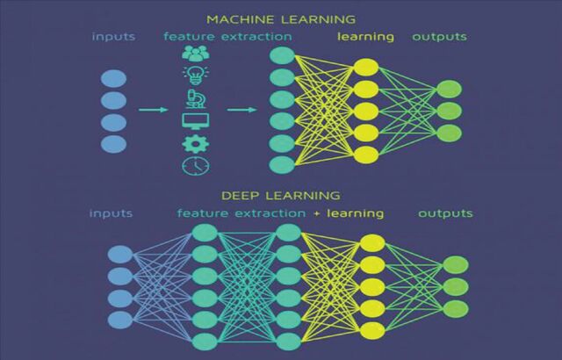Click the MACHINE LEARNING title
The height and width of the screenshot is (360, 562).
click(281, 19)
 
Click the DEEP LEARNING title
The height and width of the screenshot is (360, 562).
click(281, 196)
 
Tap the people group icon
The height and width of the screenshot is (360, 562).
click(196, 54)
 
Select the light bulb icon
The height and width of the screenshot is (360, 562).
click(196, 76)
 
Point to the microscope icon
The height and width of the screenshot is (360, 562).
click(196, 98)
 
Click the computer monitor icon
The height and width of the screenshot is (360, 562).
click(195, 121)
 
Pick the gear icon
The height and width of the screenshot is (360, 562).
click(196, 144)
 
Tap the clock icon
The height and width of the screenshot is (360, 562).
click(196, 165)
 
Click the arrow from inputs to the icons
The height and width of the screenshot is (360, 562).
click(154, 110)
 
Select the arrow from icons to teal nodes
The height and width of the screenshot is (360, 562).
click(242, 110)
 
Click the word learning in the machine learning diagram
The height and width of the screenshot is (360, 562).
click(365, 37)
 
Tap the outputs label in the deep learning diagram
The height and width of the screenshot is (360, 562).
click(445, 213)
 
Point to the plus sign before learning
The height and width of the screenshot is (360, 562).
click(316, 214)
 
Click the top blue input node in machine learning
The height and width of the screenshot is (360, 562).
click(113, 79)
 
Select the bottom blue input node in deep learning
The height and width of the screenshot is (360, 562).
click(120, 320)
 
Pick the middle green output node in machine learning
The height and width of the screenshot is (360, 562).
click(449, 111)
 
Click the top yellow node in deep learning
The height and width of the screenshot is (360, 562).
click(372, 243)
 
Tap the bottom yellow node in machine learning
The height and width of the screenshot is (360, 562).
click(366, 155)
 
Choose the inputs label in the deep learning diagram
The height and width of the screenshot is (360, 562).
click(112, 213)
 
